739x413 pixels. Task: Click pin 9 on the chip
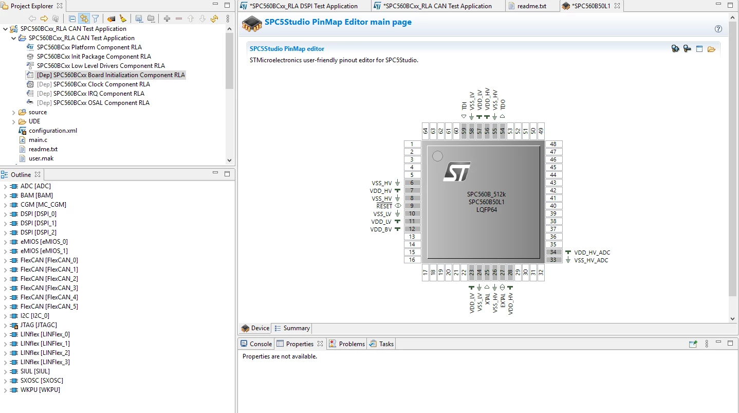[x=412, y=206]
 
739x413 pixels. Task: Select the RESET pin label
[x=384, y=206]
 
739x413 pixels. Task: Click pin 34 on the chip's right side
[x=553, y=252]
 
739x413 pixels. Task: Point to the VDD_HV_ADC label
[x=592, y=252]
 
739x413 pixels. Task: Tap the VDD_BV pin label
[x=381, y=229]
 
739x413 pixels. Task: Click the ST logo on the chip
[x=457, y=171]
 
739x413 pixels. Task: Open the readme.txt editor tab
[x=531, y=6]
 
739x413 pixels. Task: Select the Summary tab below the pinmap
[x=296, y=328]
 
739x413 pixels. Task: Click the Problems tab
[x=352, y=344]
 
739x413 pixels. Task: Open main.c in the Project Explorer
[x=38, y=140]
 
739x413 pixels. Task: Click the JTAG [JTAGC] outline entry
[x=39, y=325]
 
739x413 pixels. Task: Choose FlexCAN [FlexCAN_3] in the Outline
[x=49, y=288]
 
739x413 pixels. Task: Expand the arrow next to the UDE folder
[x=13, y=121]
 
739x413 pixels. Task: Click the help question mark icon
[x=718, y=29]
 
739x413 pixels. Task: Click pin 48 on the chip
[x=553, y=144]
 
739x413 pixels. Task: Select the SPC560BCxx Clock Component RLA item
[x=102, y=84]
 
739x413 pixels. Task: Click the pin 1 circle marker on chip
[x=437, y=156]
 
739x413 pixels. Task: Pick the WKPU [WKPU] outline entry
[x=40, y=389]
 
